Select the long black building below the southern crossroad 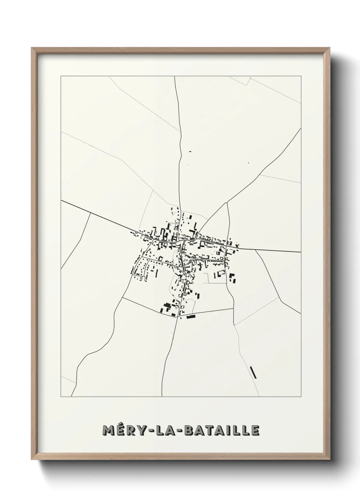(x=192, y=317)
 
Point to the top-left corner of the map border (x=61, y=76)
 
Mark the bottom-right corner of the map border (x=301, y=397)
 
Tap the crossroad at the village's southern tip (x=177, y=317)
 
